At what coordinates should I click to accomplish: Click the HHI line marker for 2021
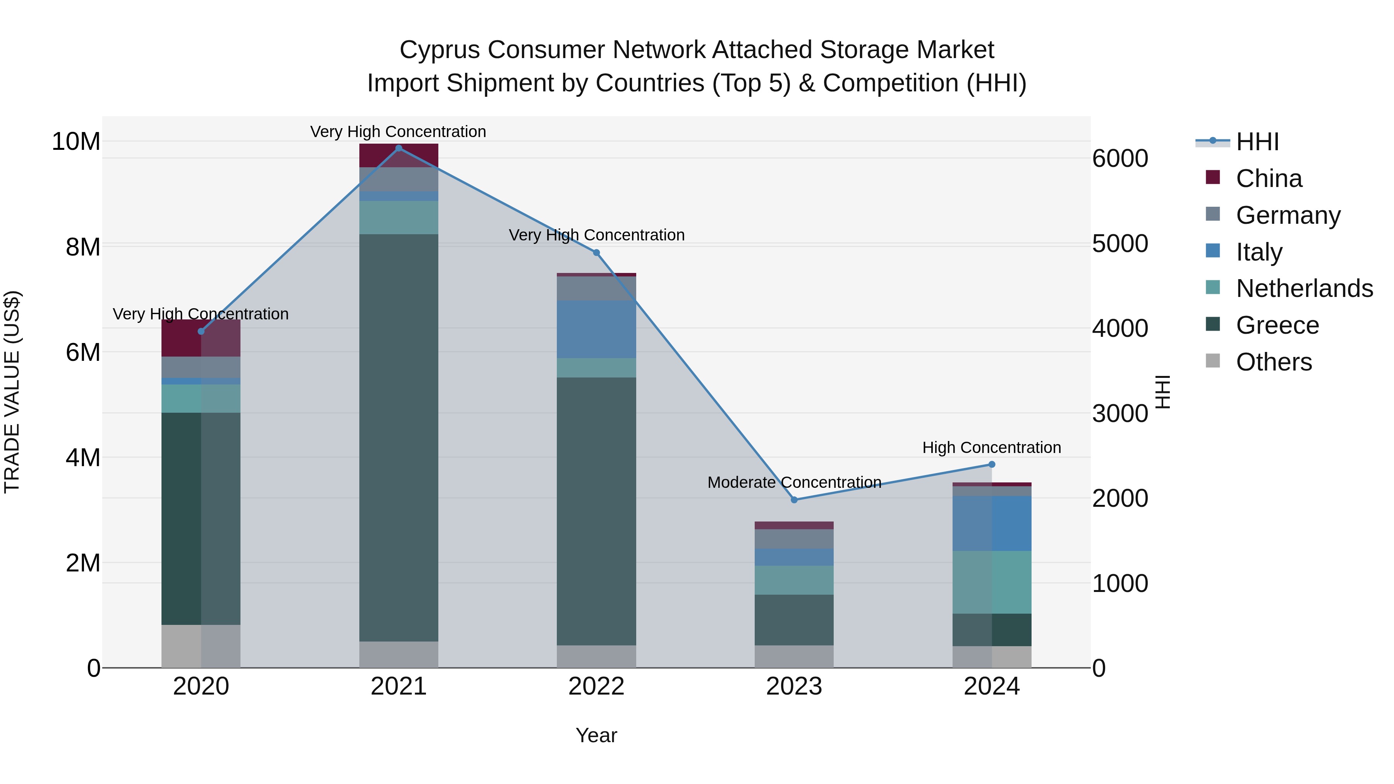tap(399, 148)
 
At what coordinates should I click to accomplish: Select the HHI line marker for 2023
tap(794, 500)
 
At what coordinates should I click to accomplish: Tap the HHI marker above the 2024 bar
tap(991, 464)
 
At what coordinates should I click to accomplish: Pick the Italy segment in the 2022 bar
tap(596, 329)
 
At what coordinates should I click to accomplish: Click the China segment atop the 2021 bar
tap(399, 155)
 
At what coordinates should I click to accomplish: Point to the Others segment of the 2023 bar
tap(794, 656)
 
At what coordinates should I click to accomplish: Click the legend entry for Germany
tap(1288, 215)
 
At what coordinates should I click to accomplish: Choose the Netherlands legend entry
tap(1304, 288)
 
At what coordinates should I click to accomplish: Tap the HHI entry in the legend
tap(1257, 142)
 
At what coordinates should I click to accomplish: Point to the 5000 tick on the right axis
tap(1119, 244)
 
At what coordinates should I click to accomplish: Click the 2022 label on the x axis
tap(596, 686)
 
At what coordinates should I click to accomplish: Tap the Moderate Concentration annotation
tap(794, 482)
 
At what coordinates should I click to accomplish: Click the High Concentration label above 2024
tap(991, 448)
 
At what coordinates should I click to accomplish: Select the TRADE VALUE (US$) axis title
tap(12, 392)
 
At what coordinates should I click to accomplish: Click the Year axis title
tap(596, 735)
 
